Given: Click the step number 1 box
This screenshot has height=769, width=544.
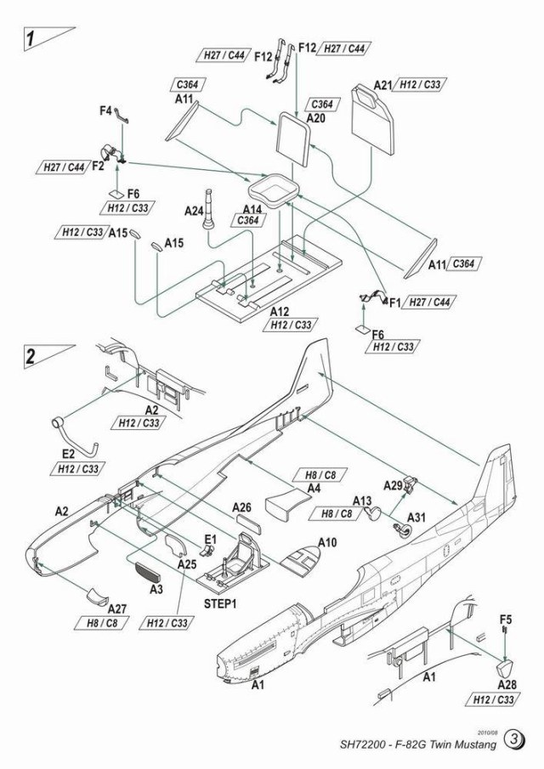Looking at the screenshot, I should (31, 38).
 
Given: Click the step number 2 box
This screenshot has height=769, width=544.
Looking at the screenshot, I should (31, 356).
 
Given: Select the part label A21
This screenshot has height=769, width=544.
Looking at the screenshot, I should (384, 86).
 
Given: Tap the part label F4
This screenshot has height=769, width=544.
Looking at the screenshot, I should (106, 111).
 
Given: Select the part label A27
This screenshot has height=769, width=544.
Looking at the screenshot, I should (117, 609).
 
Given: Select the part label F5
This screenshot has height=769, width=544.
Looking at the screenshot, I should (506, 619).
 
